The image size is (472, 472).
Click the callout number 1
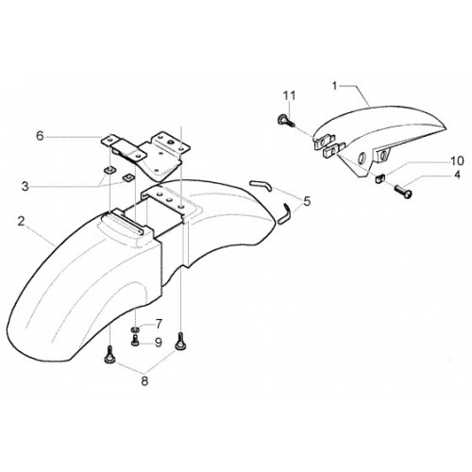tap(335, 86)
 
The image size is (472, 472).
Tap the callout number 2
tap(21, 221)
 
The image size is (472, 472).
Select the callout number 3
tap(25, 186)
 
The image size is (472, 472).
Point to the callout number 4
tap(457, 175)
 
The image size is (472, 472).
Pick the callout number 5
tap(307, 200)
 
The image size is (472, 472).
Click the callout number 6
tap(40, 136)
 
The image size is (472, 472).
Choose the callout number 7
tap(159, 324)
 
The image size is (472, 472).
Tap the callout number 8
tap(144, 381)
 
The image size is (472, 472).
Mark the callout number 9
tap(159, 342)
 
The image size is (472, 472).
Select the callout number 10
tap(458, 160)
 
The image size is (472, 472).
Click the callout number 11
tap(289, 95)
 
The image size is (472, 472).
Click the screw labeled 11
tap(286, 121)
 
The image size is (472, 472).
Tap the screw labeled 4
tap(403, 192)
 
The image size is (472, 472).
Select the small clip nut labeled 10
tap(380, 179)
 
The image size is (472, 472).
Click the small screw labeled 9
tap(135, 341)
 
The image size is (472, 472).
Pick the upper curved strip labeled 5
tap(261, 185)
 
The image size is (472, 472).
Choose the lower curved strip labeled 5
tap(285, 213)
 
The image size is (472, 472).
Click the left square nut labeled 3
tap(110, 171)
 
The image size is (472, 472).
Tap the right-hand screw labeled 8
tap(180, 341)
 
